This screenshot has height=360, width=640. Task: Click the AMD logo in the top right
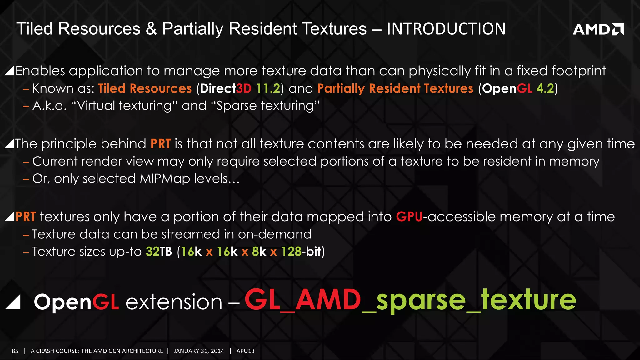pos(598,29)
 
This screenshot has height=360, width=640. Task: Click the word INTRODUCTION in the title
pos(446,29)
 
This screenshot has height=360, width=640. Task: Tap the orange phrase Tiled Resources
pos(145,88)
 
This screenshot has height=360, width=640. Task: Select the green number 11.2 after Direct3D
pos(268,88)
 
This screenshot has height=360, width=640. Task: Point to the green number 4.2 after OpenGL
pos(545,88)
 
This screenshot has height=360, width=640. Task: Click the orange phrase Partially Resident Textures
pos(395,88)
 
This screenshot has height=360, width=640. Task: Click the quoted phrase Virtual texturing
pos(124,106)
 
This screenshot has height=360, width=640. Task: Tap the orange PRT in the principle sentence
pos(161,144)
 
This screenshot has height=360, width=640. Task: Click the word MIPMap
pos(165,179)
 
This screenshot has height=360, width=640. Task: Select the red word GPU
pos(409,217)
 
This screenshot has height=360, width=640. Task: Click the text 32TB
pos(159,252)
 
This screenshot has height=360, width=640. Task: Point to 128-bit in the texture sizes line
pos(301,252)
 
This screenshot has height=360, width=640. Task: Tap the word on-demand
pos(275,234)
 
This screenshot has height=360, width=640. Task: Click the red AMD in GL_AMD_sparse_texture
pos(328,300)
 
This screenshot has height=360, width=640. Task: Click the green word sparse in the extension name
pos(421,301)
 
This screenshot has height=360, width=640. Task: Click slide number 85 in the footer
pos(15,351)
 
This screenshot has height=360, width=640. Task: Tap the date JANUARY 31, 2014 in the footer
pos(199,351)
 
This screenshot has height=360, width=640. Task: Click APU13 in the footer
pos(245,351)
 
